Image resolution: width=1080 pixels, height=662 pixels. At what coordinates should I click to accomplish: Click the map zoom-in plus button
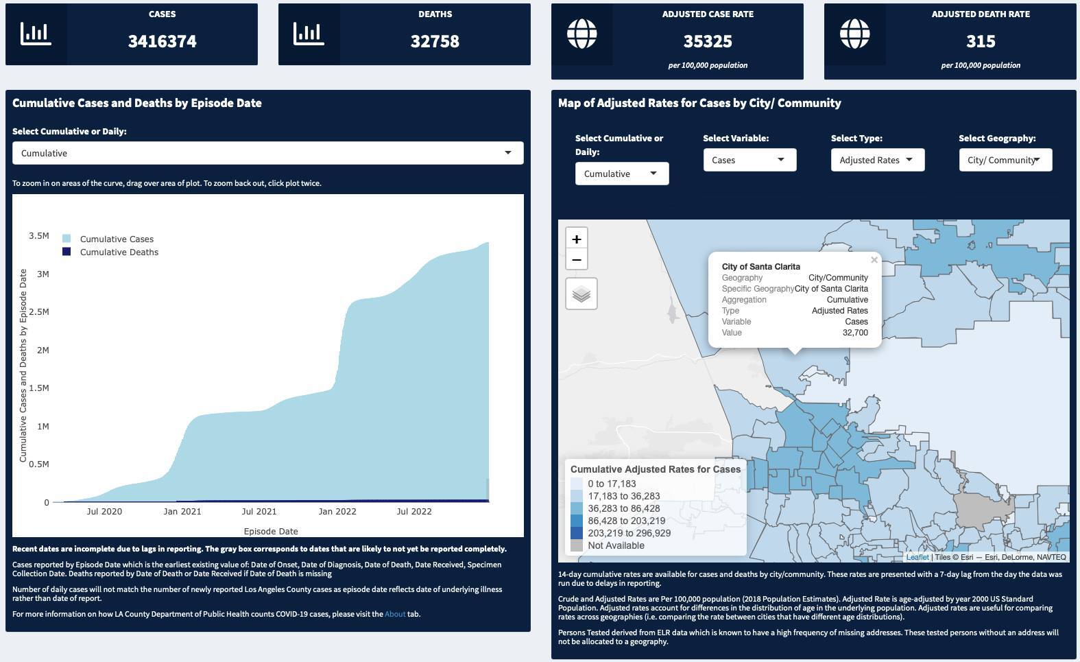point(577,239)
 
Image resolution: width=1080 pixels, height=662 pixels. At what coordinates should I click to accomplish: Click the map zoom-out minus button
point(577,260)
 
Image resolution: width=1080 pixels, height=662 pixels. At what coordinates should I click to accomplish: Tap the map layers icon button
point(581,294)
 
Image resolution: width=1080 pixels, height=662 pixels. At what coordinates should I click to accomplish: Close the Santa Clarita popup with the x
point(874,260)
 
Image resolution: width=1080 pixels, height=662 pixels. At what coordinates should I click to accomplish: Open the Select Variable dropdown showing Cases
point(749,160)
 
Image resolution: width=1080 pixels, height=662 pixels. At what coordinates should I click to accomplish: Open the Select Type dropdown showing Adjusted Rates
point(877,160)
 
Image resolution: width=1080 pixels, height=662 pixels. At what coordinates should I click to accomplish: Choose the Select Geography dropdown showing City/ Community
point(1005,160)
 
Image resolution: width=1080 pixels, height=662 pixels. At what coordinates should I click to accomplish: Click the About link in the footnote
point(395,614)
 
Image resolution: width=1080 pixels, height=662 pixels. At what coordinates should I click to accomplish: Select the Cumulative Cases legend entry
point(117,239)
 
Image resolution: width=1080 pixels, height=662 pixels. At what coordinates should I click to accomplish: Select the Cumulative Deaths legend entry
point(119,252)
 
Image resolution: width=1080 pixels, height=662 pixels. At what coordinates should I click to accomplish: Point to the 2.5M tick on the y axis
point(38,312)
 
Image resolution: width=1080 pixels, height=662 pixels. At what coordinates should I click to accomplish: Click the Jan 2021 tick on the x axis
point(182,511)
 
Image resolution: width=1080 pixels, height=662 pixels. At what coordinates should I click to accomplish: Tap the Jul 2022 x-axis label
point(414,511)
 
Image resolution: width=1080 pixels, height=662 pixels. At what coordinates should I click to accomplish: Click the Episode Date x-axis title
point(271,531)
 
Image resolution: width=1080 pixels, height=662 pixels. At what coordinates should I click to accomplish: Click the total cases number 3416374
point(163,41)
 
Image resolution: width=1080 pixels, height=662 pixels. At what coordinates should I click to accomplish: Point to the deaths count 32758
point(435,41)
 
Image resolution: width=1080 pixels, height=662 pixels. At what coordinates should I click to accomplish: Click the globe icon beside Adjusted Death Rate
point(855,34)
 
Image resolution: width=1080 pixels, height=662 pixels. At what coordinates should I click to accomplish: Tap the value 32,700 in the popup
point(855,333)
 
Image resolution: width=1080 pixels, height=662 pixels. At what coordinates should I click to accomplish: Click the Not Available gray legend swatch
point(577,545)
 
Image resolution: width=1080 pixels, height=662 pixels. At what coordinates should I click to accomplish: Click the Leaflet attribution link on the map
point(917,557)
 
